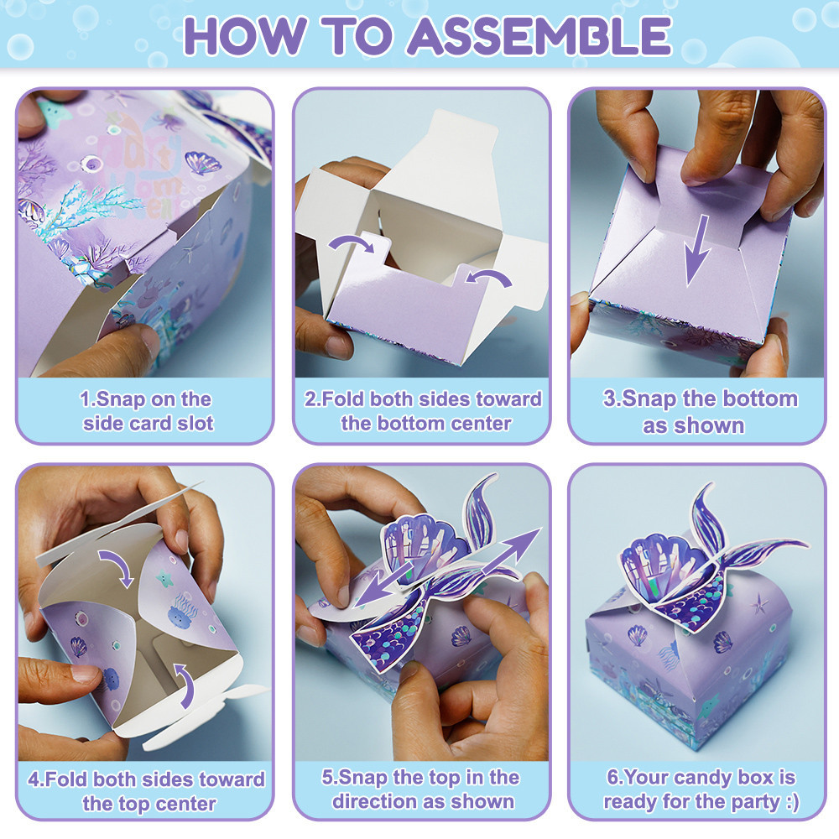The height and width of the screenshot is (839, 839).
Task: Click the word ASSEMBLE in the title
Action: pyautogui.click(x=539, y=36)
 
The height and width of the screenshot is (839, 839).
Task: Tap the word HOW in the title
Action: pyautogui.click(x=245, y=36)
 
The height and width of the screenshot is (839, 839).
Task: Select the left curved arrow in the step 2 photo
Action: pyautogui.click(x=352, y=244)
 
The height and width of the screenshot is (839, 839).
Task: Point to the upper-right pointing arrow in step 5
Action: pyautogui.click(x=512, y=552)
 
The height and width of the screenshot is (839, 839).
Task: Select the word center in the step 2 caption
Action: pyautogui.click(x=482, y=424)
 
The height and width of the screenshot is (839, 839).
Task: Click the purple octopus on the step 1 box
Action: pyautogui.click(x=171, y=121)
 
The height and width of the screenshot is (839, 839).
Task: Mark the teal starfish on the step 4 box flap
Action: pyautogui.click(x=164, y=578)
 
